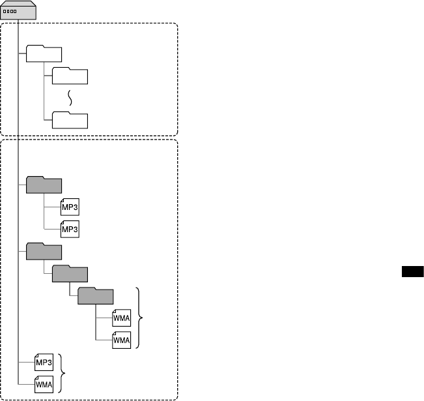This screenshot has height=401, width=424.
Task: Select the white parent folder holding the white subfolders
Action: pyautogui.click(x=44, y=55)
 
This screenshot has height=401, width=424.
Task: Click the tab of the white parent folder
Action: pyautogui.click(x=35, y=48)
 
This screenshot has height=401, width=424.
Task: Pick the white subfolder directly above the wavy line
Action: pyautogui.click(x=69, y=76)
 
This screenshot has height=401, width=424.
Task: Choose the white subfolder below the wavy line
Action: pyautogui.click(x=69, y=120)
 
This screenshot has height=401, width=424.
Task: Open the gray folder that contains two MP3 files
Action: pyautogui.click(x=44, y=185)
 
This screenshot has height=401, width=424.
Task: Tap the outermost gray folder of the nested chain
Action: pyautogui.click(x=44, y=252)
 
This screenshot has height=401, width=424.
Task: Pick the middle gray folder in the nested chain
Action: pyautogui.click(x=70, y=274)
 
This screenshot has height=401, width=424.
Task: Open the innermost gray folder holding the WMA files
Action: pyautogui.click(x=96, y=297)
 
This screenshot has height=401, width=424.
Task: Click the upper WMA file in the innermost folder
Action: pyautogui.click(x=121, y=319)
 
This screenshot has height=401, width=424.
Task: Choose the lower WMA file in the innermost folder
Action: pyautogui.click(x=121, y=340)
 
